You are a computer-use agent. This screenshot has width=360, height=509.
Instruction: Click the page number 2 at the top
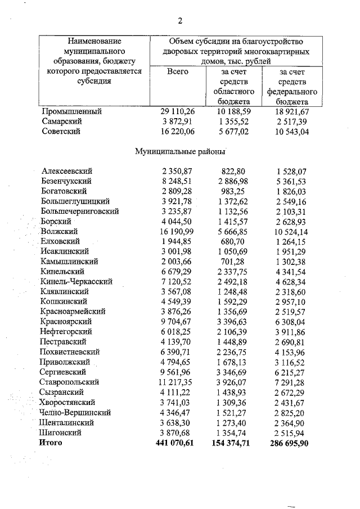tap(180, 21)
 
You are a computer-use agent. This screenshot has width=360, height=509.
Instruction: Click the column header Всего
tap(177, 71)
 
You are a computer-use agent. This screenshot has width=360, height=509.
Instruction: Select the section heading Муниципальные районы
tap(179, 151)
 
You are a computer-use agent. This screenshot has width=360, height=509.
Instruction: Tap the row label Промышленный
tap(69, 111)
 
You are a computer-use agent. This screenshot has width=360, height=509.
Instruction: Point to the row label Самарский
tap(62, 121)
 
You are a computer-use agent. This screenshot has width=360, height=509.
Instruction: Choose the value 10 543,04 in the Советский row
tap(291, 131)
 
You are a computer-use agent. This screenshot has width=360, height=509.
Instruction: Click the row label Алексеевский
tap(67, 171)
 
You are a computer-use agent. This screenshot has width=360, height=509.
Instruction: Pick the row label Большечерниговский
tap(80, 211)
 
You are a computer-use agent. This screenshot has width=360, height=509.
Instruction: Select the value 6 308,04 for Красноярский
tap(291, 321)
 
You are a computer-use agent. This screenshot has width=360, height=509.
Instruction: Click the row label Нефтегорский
tap(66, 332)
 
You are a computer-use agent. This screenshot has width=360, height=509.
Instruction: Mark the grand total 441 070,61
tap(176, 443)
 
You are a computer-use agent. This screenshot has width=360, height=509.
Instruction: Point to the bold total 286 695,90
tap(289, 443)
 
